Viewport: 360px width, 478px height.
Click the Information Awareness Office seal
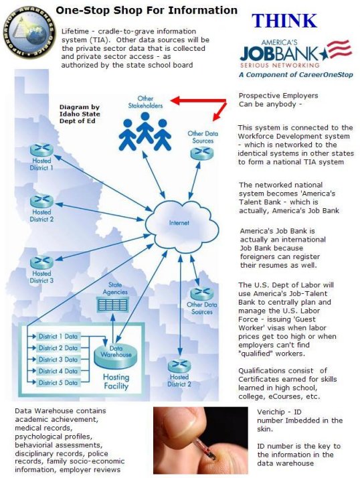(x=29, y=33)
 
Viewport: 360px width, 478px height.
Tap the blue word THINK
(x=284, y=21)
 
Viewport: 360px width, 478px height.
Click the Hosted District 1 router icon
(x=41, y=149)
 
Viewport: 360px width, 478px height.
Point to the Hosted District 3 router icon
(x=41, y=262)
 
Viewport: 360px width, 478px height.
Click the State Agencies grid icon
(x=112, y=305)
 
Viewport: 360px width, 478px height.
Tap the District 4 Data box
(x=58, y=371)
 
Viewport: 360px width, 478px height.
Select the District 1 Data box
(x=58, y=336)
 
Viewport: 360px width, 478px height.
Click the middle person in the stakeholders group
(x=145, y=128)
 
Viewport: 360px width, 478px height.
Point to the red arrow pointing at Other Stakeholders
(x=199, y=100)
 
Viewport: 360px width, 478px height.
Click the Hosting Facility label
(x=116, y=382)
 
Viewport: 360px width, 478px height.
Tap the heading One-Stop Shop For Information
(x=147, y=10)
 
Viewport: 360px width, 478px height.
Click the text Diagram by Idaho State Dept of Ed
(x=80, y=114)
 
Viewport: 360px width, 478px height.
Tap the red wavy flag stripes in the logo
(x=339, y=48)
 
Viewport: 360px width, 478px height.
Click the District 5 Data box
(x=58, y=382)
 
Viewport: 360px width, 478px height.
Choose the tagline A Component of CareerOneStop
(x=296, y=75)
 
